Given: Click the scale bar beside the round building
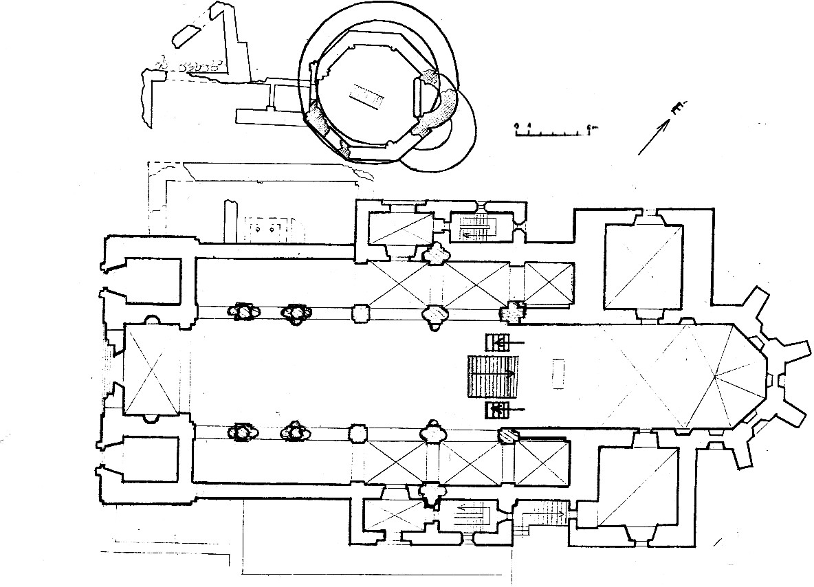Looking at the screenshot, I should pos(554,129).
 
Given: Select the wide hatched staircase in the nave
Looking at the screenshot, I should pos(491,376).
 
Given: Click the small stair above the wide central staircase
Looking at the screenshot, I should pos(498,341).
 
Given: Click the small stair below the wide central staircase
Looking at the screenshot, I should pos(498,411).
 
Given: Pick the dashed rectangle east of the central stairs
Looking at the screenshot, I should pos(558,375).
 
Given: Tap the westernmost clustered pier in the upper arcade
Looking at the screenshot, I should pos(243,312).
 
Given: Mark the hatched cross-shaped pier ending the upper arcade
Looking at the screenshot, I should pos(511,313).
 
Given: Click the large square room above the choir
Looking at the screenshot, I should pos(643,266).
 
